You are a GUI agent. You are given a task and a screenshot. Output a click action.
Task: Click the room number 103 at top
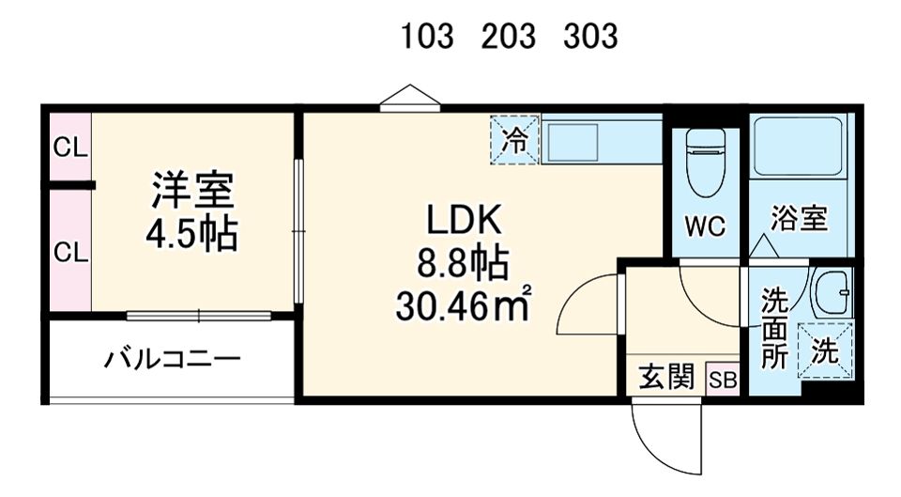pyautogui.click(x=428, y=37)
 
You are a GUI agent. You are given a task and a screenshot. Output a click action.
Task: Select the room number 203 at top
pyautogui.click(x=510, y=37)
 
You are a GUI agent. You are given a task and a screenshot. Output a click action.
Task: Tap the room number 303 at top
pyautogui.click(x=591, y=37)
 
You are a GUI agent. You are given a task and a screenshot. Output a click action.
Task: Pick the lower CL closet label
pyautogui.click(x=69, y=252)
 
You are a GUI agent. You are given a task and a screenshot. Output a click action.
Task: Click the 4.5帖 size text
pyautogui.click(x=191, y=235)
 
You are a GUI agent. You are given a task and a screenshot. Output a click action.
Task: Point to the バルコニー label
pyautogui.click(x=172, y=360)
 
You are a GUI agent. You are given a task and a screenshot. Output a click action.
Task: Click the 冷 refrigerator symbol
pyautogui.click(x=514, y=141)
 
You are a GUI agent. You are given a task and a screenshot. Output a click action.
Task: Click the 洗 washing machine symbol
pyautogui.click(x=824, y=350)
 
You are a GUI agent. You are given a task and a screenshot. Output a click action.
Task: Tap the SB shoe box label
pyautogui.click(x=723, y=380)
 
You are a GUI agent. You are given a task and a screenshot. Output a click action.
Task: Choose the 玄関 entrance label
pyautogui.click(x=667, y=379)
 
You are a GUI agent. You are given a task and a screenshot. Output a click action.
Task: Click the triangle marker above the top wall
pyautogui.click(x=410, y=97)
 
